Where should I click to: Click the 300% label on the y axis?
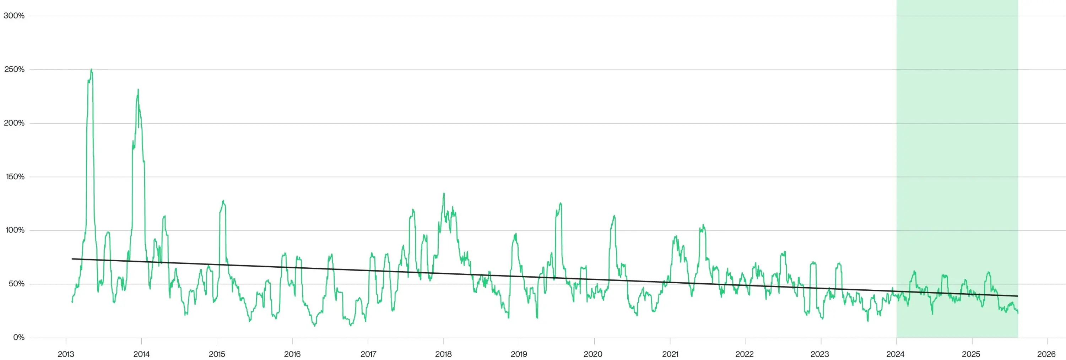coord(14,16)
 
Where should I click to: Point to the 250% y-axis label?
coord(14,70)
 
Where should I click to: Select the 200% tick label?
coord(14,123)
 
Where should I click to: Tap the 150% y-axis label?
coord(15,177)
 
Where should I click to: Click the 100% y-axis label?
coord(15,230)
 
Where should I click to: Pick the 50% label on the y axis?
coord(16,284)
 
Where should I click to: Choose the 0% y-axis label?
coord(18,337)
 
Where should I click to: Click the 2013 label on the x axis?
coord(66,354)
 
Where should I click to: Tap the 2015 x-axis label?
coord(217,354)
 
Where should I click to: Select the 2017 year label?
coord(368,354)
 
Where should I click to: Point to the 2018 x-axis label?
coord(443,354)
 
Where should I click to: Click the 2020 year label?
coord(592,354)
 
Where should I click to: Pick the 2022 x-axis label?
coord(744,354)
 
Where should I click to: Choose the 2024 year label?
coord(895,354)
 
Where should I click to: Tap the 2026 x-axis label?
coord(1046,354)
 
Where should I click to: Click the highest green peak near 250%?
coord(91,70)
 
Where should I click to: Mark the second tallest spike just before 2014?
coord(138,90)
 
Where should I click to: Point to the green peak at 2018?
coord(444,193)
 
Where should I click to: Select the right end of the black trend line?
coord(1017,296)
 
